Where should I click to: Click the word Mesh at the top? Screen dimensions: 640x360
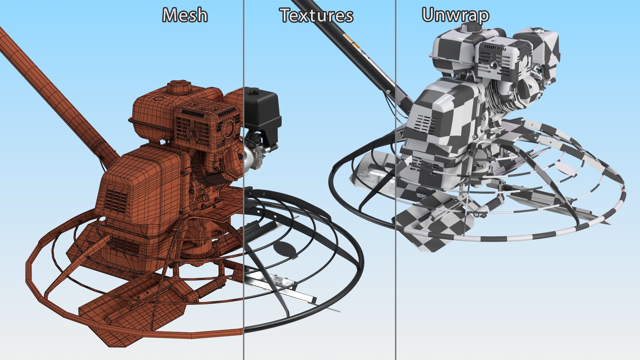pos(185,15)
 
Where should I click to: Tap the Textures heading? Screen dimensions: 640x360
pos(316,15)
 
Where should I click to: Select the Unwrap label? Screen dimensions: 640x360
pos(455,15)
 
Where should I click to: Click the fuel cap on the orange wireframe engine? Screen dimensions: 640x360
pos(179,87)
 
